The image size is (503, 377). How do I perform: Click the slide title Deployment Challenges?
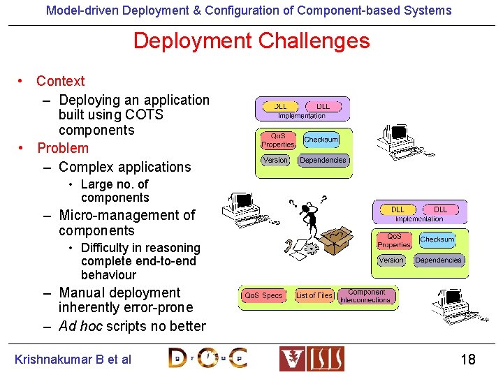coord(251,40)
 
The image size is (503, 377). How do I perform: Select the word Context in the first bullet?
coord(61,81)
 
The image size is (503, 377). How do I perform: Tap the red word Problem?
coord(63,148)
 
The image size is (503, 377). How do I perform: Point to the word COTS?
coord(145,114)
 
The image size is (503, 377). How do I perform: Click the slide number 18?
coord(467,360)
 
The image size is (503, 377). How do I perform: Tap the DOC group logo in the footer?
coord(207,358)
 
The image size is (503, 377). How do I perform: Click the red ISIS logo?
coord(312,358)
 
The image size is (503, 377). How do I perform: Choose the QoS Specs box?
coord(263,296)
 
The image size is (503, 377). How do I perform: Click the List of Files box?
coord(314,296)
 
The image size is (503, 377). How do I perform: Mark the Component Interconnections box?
coord(367,296)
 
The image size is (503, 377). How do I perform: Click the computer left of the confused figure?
coord(239,206)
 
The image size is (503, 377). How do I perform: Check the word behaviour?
coord(108,274)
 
